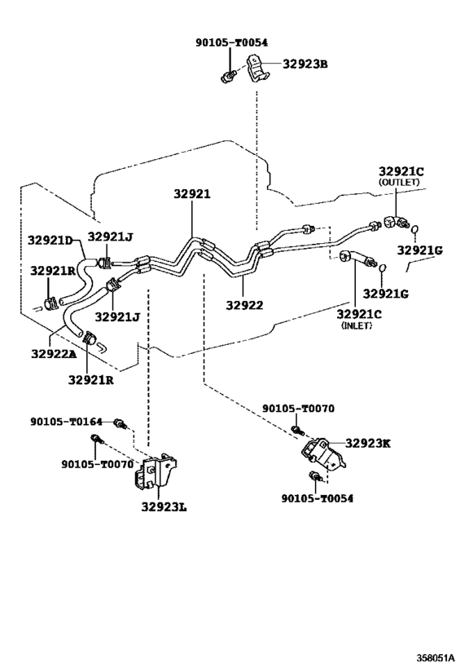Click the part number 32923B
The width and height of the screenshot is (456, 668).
coord(305,64)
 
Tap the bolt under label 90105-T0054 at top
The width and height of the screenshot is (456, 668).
coord(229,77)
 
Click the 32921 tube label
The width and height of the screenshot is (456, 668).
coord(192,194)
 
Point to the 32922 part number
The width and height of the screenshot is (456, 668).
coord(244,305)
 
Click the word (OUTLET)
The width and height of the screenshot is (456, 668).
coord(399,182)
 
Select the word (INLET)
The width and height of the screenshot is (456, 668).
coord(357,325)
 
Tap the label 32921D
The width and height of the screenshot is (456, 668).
coord(50,240)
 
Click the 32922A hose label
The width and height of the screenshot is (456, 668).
coord(54,354)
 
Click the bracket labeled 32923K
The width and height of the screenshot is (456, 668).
coord(322,454)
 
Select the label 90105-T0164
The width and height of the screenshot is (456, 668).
coord(66,422)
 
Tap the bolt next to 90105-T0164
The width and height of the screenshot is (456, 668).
coord(121,424)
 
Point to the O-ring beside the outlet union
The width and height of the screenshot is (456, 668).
coord(414,230)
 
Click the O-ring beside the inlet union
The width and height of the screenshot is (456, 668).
coord(383,268)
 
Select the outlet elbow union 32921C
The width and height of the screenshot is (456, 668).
coord(396,222)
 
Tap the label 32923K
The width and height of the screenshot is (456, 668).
coord(367,444)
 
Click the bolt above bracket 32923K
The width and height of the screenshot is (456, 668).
coord(297,431)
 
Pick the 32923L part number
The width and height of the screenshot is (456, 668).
coord(164,507)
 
